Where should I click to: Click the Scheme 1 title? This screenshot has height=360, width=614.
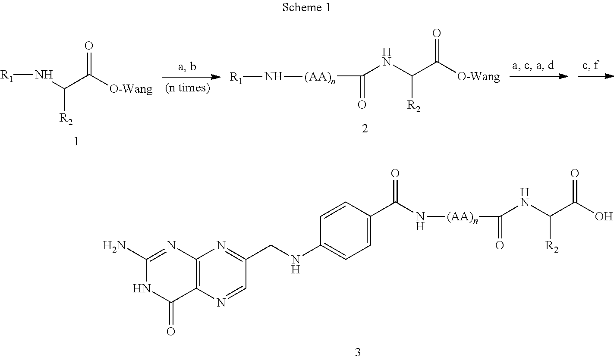click(x=306, y=8)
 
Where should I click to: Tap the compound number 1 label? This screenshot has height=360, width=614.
click(x=76, y=141)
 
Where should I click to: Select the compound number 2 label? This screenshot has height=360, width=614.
click(x=365, y=128)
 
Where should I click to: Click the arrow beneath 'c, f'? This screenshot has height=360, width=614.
click(x=595, y=76)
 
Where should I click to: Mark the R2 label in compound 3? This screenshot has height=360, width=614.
click(x=552, y=247)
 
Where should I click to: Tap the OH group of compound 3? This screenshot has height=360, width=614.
click(x=603, y=216)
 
